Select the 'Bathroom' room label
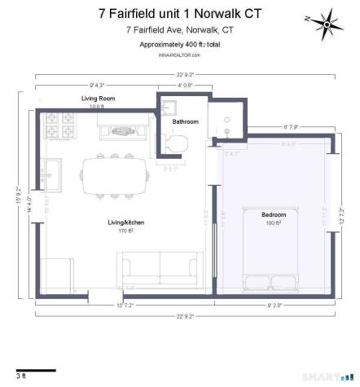click(185, 121)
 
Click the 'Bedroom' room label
click(274, 215)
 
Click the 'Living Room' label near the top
click(97, 99)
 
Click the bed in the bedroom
click(274, 244)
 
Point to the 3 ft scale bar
click(36, 372)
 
